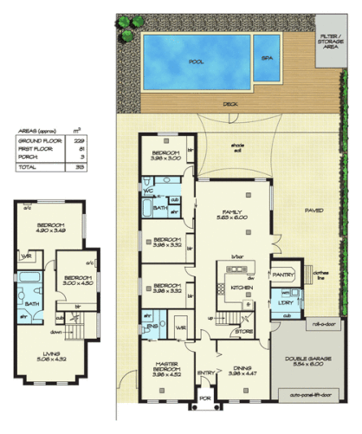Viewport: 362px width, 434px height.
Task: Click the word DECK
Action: pyautogui.click(x=230, y=104)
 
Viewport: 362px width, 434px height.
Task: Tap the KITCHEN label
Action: pyautogui.click(x=242, y=286)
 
